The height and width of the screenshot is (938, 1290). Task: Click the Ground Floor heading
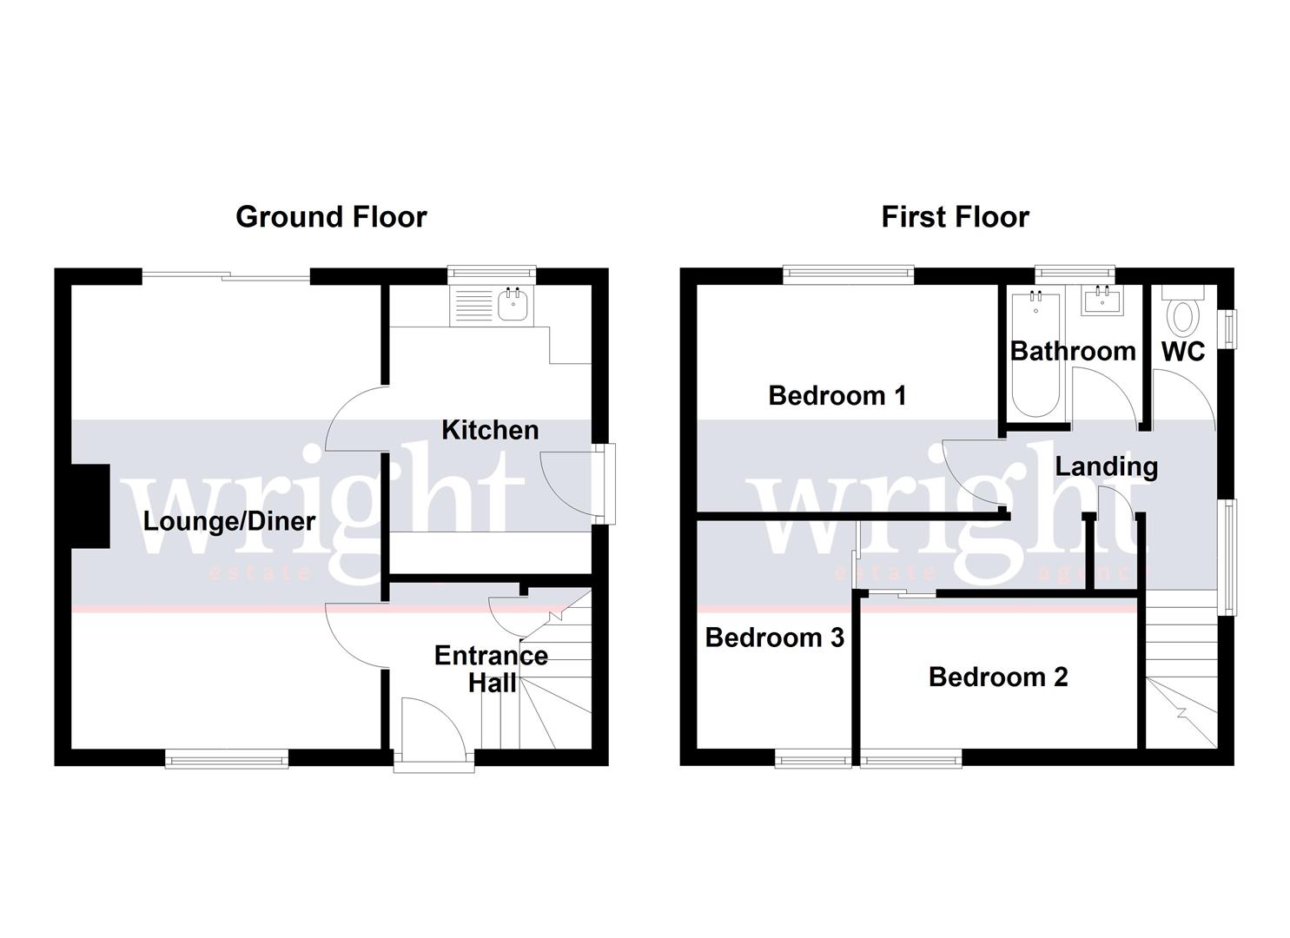click(331, 216)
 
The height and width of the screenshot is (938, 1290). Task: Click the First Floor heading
click(955, 216)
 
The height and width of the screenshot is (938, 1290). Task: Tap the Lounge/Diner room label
click(229, 521)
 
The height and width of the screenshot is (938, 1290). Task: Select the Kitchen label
click(490, 430)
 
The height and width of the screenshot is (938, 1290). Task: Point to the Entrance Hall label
click(491, 669)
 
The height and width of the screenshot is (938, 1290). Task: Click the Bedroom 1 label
click(837, 396)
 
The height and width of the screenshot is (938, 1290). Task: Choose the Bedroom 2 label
click(998, 677)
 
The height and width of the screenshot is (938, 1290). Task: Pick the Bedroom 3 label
click(774, 637)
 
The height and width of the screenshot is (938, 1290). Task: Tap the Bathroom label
click(1073, 351)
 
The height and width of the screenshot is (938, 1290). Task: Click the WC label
click(1183, 351)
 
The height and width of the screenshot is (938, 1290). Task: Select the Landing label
click(1106, 466)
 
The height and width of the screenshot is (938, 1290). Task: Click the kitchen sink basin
click(513, 306)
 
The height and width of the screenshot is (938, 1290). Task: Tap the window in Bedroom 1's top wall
click(848, 274)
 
